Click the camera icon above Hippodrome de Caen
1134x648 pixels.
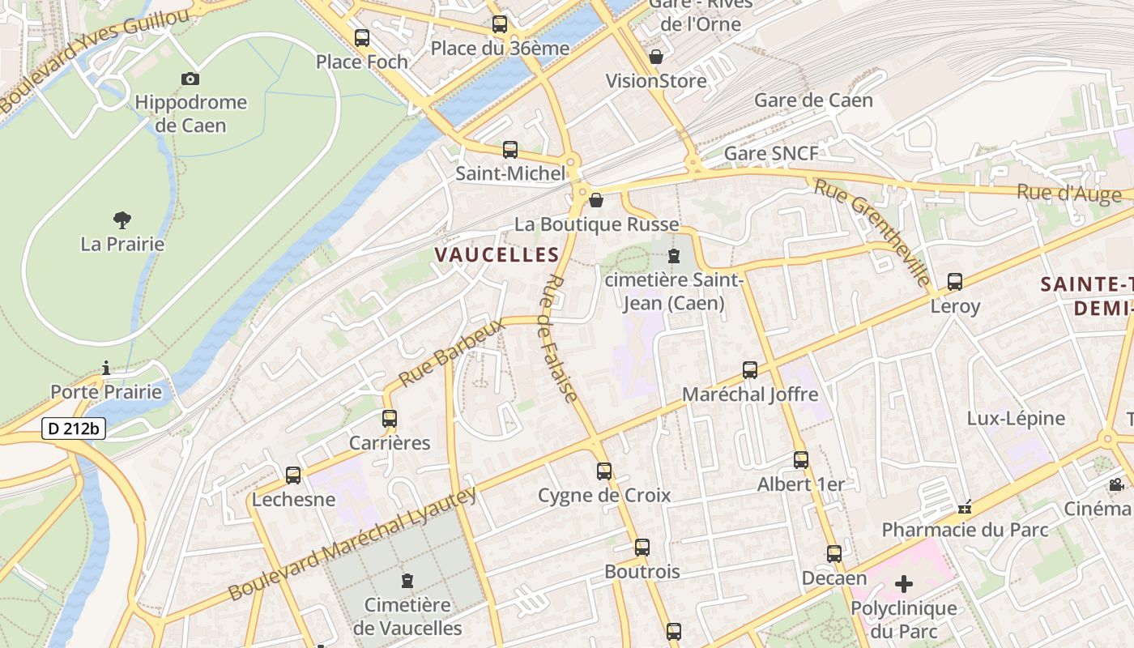point(190,79)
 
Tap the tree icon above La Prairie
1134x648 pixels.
point(122,220)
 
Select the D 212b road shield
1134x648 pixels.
point(74,428)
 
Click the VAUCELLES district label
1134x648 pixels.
point(497,255)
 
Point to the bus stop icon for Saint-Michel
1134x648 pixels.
point(510,150)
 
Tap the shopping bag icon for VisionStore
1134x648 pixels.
point(656,57)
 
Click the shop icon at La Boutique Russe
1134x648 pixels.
point(596,200)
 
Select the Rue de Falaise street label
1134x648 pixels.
point(560,338)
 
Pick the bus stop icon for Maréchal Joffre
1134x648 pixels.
point(750,370)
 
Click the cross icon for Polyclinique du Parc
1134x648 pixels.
point(904,583)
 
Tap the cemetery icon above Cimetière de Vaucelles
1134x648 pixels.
point(407,580)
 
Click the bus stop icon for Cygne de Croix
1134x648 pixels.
point(604,471)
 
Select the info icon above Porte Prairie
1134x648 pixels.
point(105,368)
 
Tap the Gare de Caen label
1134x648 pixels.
point(813,100)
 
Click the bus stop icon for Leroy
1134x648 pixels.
point(955,282)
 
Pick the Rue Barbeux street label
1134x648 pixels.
point(451,351)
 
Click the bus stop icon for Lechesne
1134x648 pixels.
point(293,475)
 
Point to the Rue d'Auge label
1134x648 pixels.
point(1069,193)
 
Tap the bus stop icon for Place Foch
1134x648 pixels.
point(362,37)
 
